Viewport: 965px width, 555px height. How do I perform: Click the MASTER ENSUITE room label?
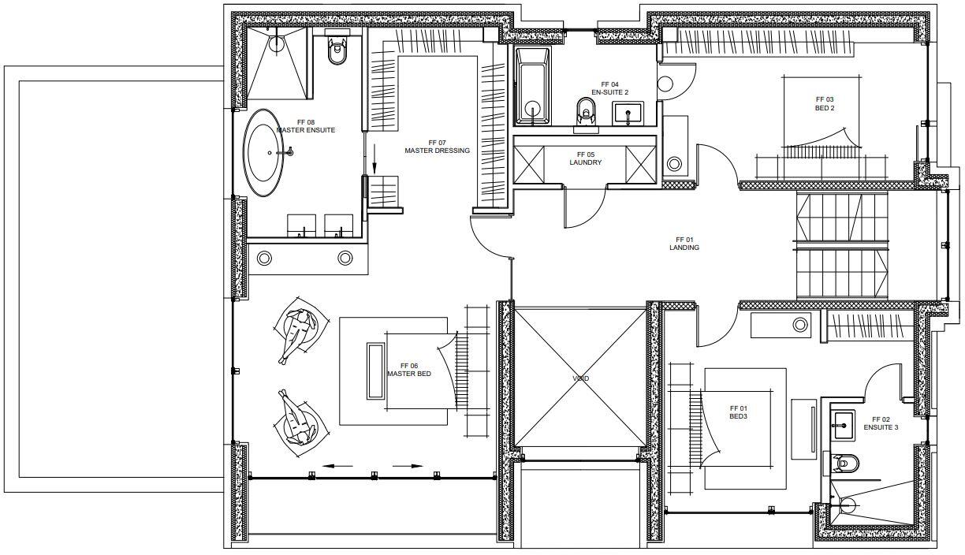coord(305,126)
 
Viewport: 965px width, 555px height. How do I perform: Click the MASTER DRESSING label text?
coord(437,147)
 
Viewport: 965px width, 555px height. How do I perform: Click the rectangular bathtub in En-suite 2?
coord(533,87)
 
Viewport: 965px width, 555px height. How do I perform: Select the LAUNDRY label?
coord(585,158)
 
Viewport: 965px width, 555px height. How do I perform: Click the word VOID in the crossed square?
coord(580,378)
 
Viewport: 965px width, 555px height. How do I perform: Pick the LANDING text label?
coord(684,244)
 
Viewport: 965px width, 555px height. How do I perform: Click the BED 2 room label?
coord(825,103)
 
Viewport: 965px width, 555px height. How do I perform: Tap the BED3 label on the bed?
coord(738,412)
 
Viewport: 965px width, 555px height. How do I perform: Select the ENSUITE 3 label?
coord(880,423)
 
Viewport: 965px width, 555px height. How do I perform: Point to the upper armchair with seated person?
coord(300,327)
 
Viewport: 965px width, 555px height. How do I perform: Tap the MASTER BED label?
coord(408,370)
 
